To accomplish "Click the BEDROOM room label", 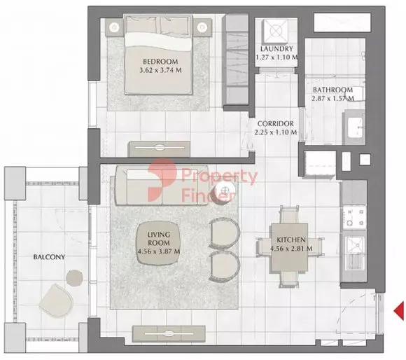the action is (160, 62).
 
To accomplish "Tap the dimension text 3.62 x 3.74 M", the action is (160, 70).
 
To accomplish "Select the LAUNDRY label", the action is (276, 49).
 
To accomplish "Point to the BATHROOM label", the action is (332, 90).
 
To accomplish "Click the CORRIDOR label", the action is (276, 124).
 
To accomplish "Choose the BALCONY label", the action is (49, 257).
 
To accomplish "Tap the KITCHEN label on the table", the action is (291, 240).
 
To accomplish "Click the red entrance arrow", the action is (399, 311).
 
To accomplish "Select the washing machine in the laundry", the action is (276, 32).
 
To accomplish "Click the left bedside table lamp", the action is (114, 27).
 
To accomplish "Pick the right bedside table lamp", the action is (201, 27).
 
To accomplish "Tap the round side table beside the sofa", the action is (224, 191).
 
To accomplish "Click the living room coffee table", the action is (158, 243).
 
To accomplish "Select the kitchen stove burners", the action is (354, 217).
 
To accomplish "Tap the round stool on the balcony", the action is (75, 278).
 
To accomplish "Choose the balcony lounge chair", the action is (56, 300).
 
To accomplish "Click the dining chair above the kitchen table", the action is (290, 214).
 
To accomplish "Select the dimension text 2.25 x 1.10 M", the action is (276, 132).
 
